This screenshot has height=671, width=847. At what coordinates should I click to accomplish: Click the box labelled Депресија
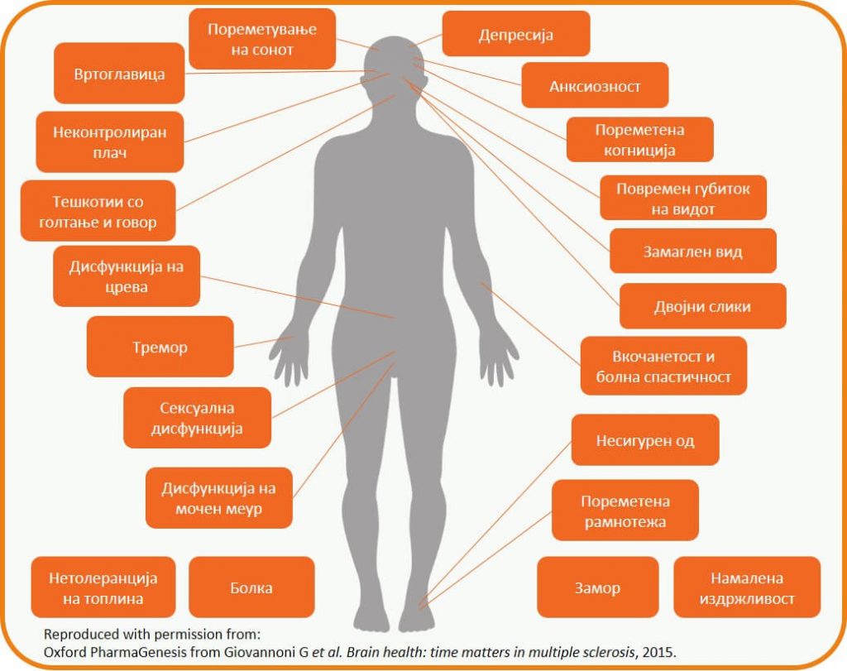coord(515,36)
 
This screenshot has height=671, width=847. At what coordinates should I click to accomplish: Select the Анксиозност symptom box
coord(595,86)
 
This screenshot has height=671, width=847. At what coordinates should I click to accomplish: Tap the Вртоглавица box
coord(119,74)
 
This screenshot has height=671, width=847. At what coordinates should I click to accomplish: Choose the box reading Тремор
coord(160,347)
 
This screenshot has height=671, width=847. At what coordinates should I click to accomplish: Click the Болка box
coord(251,588)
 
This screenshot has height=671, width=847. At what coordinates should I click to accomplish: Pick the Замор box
coord(597,588)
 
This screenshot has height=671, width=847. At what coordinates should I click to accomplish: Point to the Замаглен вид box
coord(693,252)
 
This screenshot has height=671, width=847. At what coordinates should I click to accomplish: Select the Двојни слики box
coord(702,306)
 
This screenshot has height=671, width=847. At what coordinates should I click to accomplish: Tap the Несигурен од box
coord(645,440)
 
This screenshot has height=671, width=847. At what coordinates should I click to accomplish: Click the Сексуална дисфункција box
coord(197,419)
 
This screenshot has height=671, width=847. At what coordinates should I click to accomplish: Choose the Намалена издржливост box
coord(747,588)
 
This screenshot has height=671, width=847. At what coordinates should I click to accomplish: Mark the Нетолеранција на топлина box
coord(103,588)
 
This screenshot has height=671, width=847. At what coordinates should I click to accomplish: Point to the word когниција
coord(639,151)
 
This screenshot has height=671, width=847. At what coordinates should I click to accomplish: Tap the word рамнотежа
coord(624,522)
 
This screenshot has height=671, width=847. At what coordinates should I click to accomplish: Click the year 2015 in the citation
coord(660,652)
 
